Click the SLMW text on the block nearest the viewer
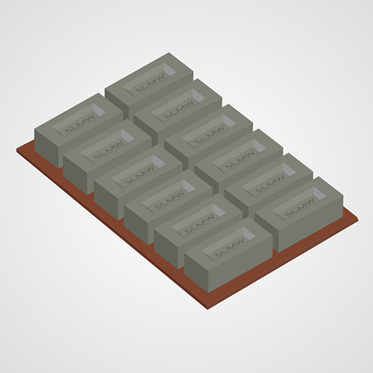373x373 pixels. point(230,249)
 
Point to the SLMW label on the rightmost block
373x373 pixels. point(297,210)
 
